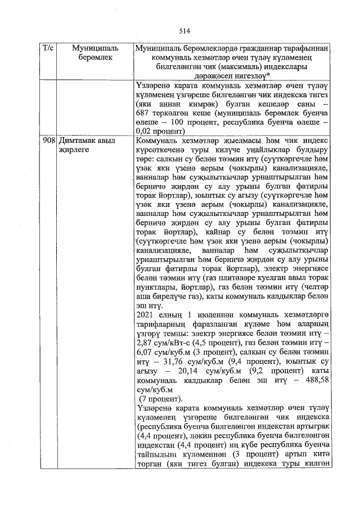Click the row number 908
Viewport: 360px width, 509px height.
(48, 140)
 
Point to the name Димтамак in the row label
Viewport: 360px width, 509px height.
(78, 140)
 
